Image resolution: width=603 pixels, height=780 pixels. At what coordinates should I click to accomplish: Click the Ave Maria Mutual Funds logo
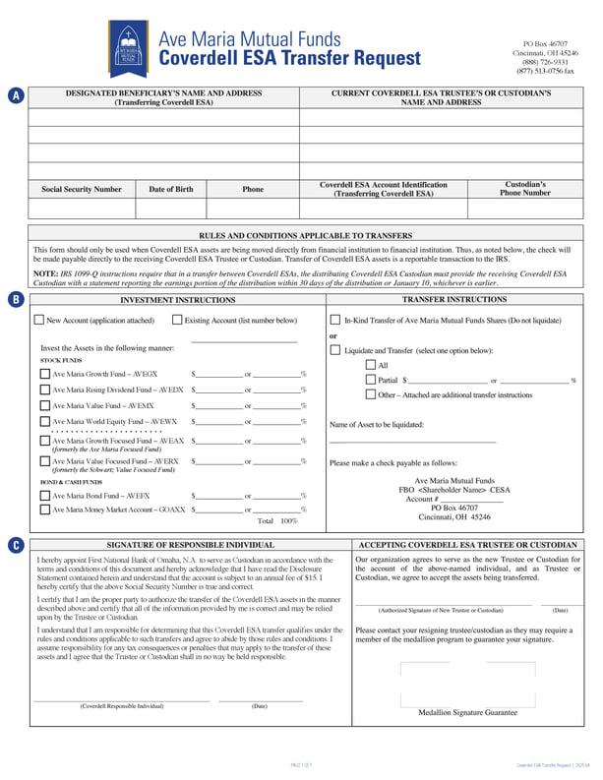129,48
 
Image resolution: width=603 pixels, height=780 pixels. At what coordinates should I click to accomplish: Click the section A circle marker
16,95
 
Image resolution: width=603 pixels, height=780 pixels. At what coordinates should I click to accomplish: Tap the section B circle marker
16,300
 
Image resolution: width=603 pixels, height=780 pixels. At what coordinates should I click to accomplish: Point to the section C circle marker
16,545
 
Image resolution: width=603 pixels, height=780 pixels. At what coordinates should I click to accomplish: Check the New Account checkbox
39,320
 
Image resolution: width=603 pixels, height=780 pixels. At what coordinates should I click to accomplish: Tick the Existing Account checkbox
177,320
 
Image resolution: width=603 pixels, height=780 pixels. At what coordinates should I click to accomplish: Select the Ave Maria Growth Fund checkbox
45,374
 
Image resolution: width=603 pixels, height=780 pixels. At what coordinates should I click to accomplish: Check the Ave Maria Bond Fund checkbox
45,496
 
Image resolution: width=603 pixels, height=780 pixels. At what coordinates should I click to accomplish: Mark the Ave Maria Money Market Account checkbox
45,510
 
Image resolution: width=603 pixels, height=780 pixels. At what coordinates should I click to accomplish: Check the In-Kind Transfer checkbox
335,320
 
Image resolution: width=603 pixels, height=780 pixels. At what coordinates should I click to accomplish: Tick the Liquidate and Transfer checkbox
335,350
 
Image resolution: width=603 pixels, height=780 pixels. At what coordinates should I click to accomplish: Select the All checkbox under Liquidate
370,365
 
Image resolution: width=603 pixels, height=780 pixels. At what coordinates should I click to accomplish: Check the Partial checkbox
370,380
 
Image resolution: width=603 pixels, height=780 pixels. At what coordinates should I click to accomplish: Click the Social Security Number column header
82,189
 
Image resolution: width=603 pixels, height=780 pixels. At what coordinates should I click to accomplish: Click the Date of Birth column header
170,189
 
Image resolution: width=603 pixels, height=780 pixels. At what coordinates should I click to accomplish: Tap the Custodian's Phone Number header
526,188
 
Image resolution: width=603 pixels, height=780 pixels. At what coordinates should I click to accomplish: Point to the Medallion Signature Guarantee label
467,711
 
